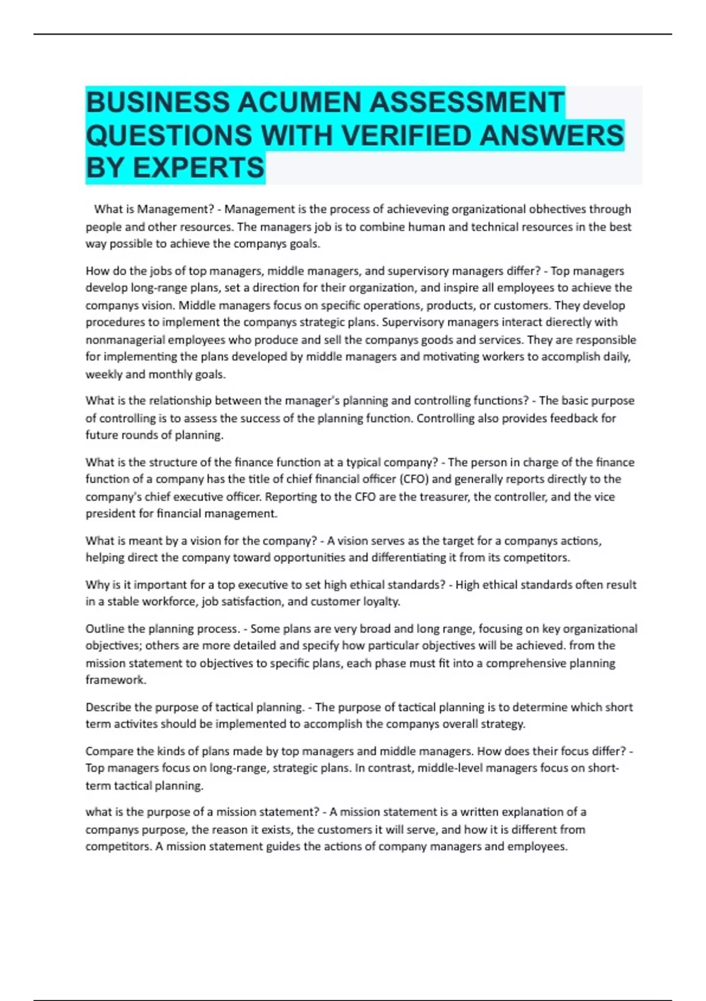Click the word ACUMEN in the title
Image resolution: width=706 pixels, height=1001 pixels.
300,102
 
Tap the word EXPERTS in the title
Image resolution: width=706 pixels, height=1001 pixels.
198,168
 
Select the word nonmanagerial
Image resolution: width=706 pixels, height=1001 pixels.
125,340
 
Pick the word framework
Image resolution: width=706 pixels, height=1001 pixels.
115,680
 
